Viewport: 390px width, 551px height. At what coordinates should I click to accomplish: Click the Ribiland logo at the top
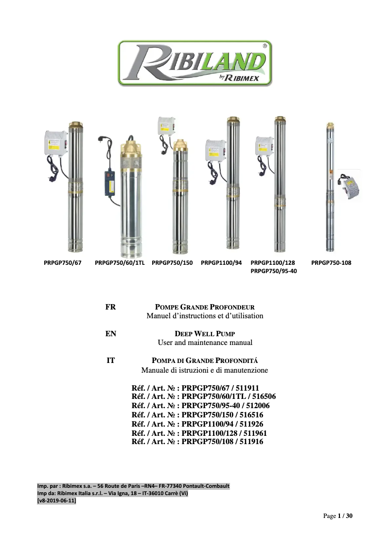click(x=195, y=64)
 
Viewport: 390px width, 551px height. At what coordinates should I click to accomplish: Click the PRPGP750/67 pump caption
click(x=63, y=263)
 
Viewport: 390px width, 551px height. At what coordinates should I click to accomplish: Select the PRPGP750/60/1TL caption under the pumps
click(x=121, y=263)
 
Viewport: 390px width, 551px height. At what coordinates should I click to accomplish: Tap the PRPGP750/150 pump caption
click(x=172, y=263)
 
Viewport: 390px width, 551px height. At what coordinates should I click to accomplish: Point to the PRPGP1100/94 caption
click(x=221, y=263)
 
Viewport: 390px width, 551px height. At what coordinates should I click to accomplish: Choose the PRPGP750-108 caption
click(x=331, y=263)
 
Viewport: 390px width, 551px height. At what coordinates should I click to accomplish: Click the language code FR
click(x=110, y=307)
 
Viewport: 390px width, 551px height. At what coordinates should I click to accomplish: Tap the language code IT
click(x=110, y=361)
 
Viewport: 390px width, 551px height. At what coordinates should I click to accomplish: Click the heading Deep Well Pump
click(x=205, y=334)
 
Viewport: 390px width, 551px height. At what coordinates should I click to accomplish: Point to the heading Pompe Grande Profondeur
click(x=205, y=307)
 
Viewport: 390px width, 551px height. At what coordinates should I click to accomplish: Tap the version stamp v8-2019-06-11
click(x=56, y=501)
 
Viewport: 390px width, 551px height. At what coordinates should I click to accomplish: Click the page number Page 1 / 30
click(x=338, y=516)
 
